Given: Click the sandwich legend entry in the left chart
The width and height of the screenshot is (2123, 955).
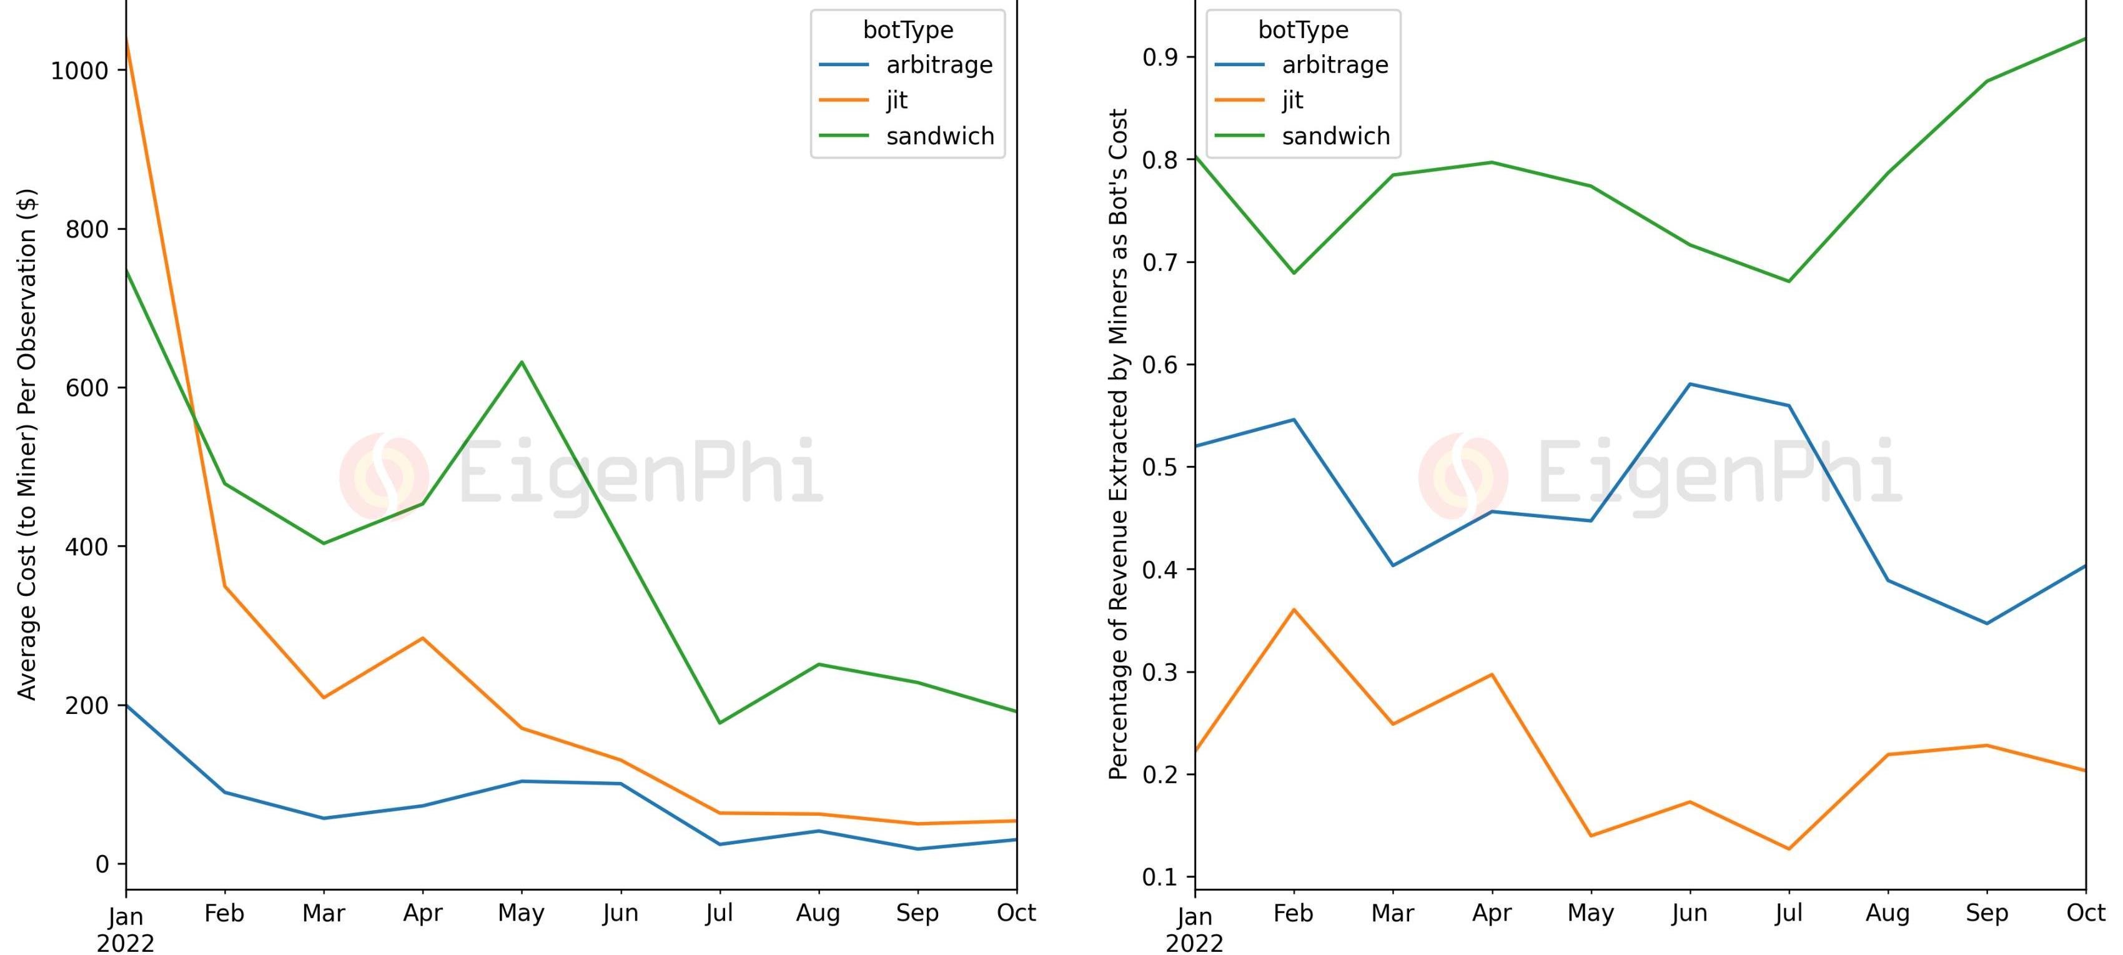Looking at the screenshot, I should [939, 136].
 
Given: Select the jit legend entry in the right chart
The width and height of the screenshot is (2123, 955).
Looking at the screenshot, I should [1292, 101].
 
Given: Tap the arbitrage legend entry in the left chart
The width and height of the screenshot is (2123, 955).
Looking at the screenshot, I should [939, 65].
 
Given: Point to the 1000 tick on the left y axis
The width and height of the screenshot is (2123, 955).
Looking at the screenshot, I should [80, 71].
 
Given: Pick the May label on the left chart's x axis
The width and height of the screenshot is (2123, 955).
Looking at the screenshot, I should [521, 913].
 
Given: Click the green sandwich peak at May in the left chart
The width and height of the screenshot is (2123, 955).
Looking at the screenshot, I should [522, 362].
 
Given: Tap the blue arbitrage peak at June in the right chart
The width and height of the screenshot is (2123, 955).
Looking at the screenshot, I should [1690, 384].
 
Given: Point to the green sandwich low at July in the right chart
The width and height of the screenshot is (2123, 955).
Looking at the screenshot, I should [1788, 282].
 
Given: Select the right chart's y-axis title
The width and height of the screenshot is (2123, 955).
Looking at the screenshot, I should [1117, 445].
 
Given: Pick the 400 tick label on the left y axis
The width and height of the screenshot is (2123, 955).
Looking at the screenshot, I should [87, 547].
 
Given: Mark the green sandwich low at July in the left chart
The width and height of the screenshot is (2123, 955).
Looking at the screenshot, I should [720, 723].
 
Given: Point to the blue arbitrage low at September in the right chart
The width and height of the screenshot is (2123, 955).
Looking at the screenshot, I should [1987, 623].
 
